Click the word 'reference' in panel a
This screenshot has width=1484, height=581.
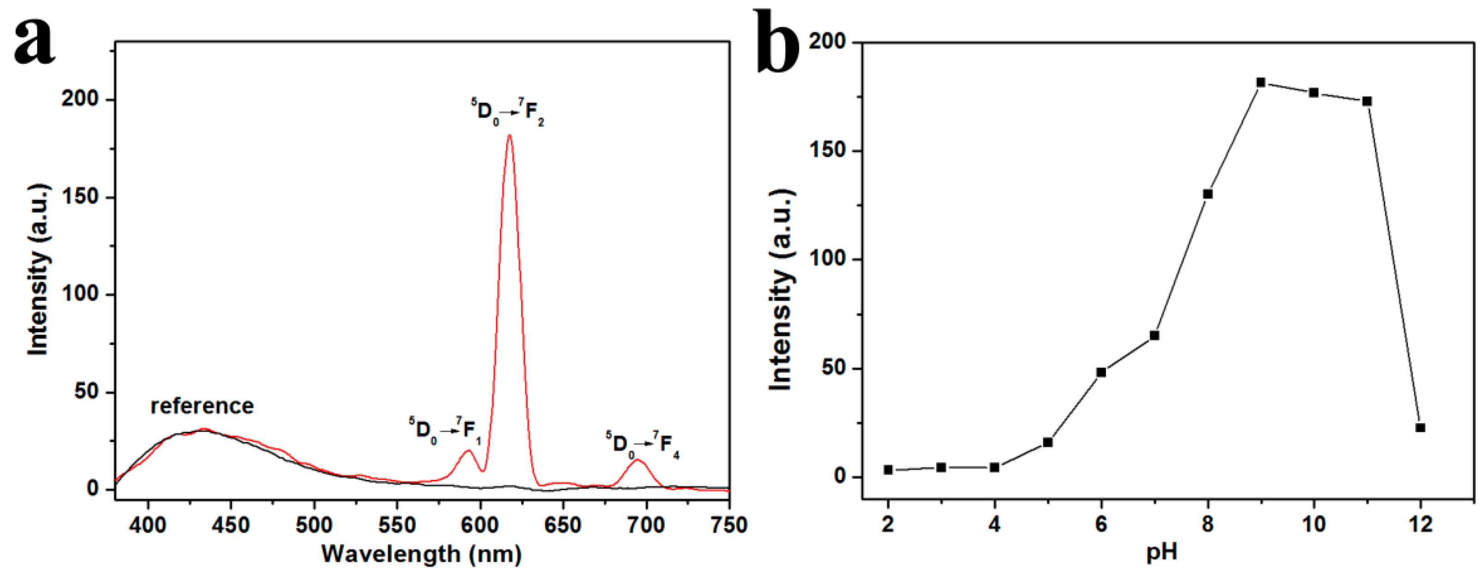[202, 407]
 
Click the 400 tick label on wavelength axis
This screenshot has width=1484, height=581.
[148, 525]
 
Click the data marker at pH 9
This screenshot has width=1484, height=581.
[1261, 82]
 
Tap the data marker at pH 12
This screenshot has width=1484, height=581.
[1420, 428]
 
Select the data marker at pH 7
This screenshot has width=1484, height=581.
[1154, 335]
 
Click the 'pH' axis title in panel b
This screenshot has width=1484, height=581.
[1161, 553]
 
